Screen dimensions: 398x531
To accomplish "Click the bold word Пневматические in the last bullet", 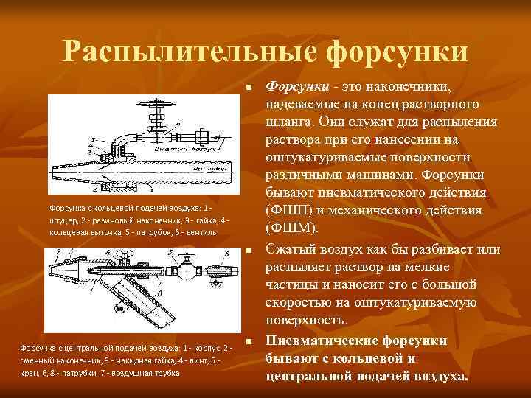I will tap(323, 341).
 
